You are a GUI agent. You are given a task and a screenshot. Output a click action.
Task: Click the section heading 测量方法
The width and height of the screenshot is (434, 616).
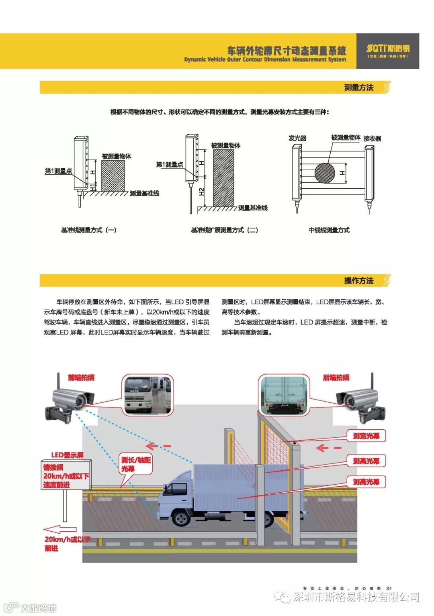pyautogui.click(x=358, y=87)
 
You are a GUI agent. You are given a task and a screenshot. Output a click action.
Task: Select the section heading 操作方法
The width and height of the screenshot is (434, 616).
pyautogui.click(x=358, y=280)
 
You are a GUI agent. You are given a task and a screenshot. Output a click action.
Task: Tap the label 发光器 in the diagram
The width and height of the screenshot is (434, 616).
pyautogui.click(x=297, y=138)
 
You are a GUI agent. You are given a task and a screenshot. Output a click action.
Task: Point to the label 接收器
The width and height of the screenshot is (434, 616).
pyautogui.click(x=372, y=139)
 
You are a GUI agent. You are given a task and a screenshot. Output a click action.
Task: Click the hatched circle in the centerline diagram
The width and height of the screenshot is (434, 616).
pyautogui.click(x=325, y=173)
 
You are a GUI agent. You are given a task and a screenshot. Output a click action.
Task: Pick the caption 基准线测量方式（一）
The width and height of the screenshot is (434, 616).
pyautogui.click(x=88, y=230)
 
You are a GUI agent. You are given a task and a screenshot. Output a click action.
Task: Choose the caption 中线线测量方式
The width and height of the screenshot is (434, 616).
pyautogui.click(x=329, y=230)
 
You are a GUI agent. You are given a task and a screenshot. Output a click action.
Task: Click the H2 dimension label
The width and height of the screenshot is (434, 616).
pyautogui.click(x=202, y=192)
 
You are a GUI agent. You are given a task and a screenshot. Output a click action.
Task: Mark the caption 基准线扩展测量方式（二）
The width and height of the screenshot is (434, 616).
pyautogui.click(x=224, y=230)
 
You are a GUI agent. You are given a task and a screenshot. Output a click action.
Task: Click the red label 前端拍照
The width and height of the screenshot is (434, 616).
pyautogui.click(x=81, y=377)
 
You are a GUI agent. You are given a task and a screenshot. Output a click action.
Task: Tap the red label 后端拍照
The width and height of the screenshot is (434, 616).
pyautogui.click(x=336, y=377)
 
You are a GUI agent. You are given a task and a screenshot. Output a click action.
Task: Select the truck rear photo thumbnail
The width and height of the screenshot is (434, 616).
pyautogui.click(x=284, y=395)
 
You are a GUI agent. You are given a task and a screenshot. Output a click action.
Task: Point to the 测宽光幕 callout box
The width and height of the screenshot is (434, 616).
pyautogui.click(x=366, y=436)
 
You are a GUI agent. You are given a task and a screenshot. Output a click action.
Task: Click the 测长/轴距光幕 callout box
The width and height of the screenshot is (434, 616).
pyautogui.click(x=136, y=464)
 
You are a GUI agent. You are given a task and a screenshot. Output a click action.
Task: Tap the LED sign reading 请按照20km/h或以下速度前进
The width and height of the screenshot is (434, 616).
pyautogui.click(x=66, y=476)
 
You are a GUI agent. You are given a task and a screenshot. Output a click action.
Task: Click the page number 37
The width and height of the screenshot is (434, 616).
pyautogui.click(x=389, y=589)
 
